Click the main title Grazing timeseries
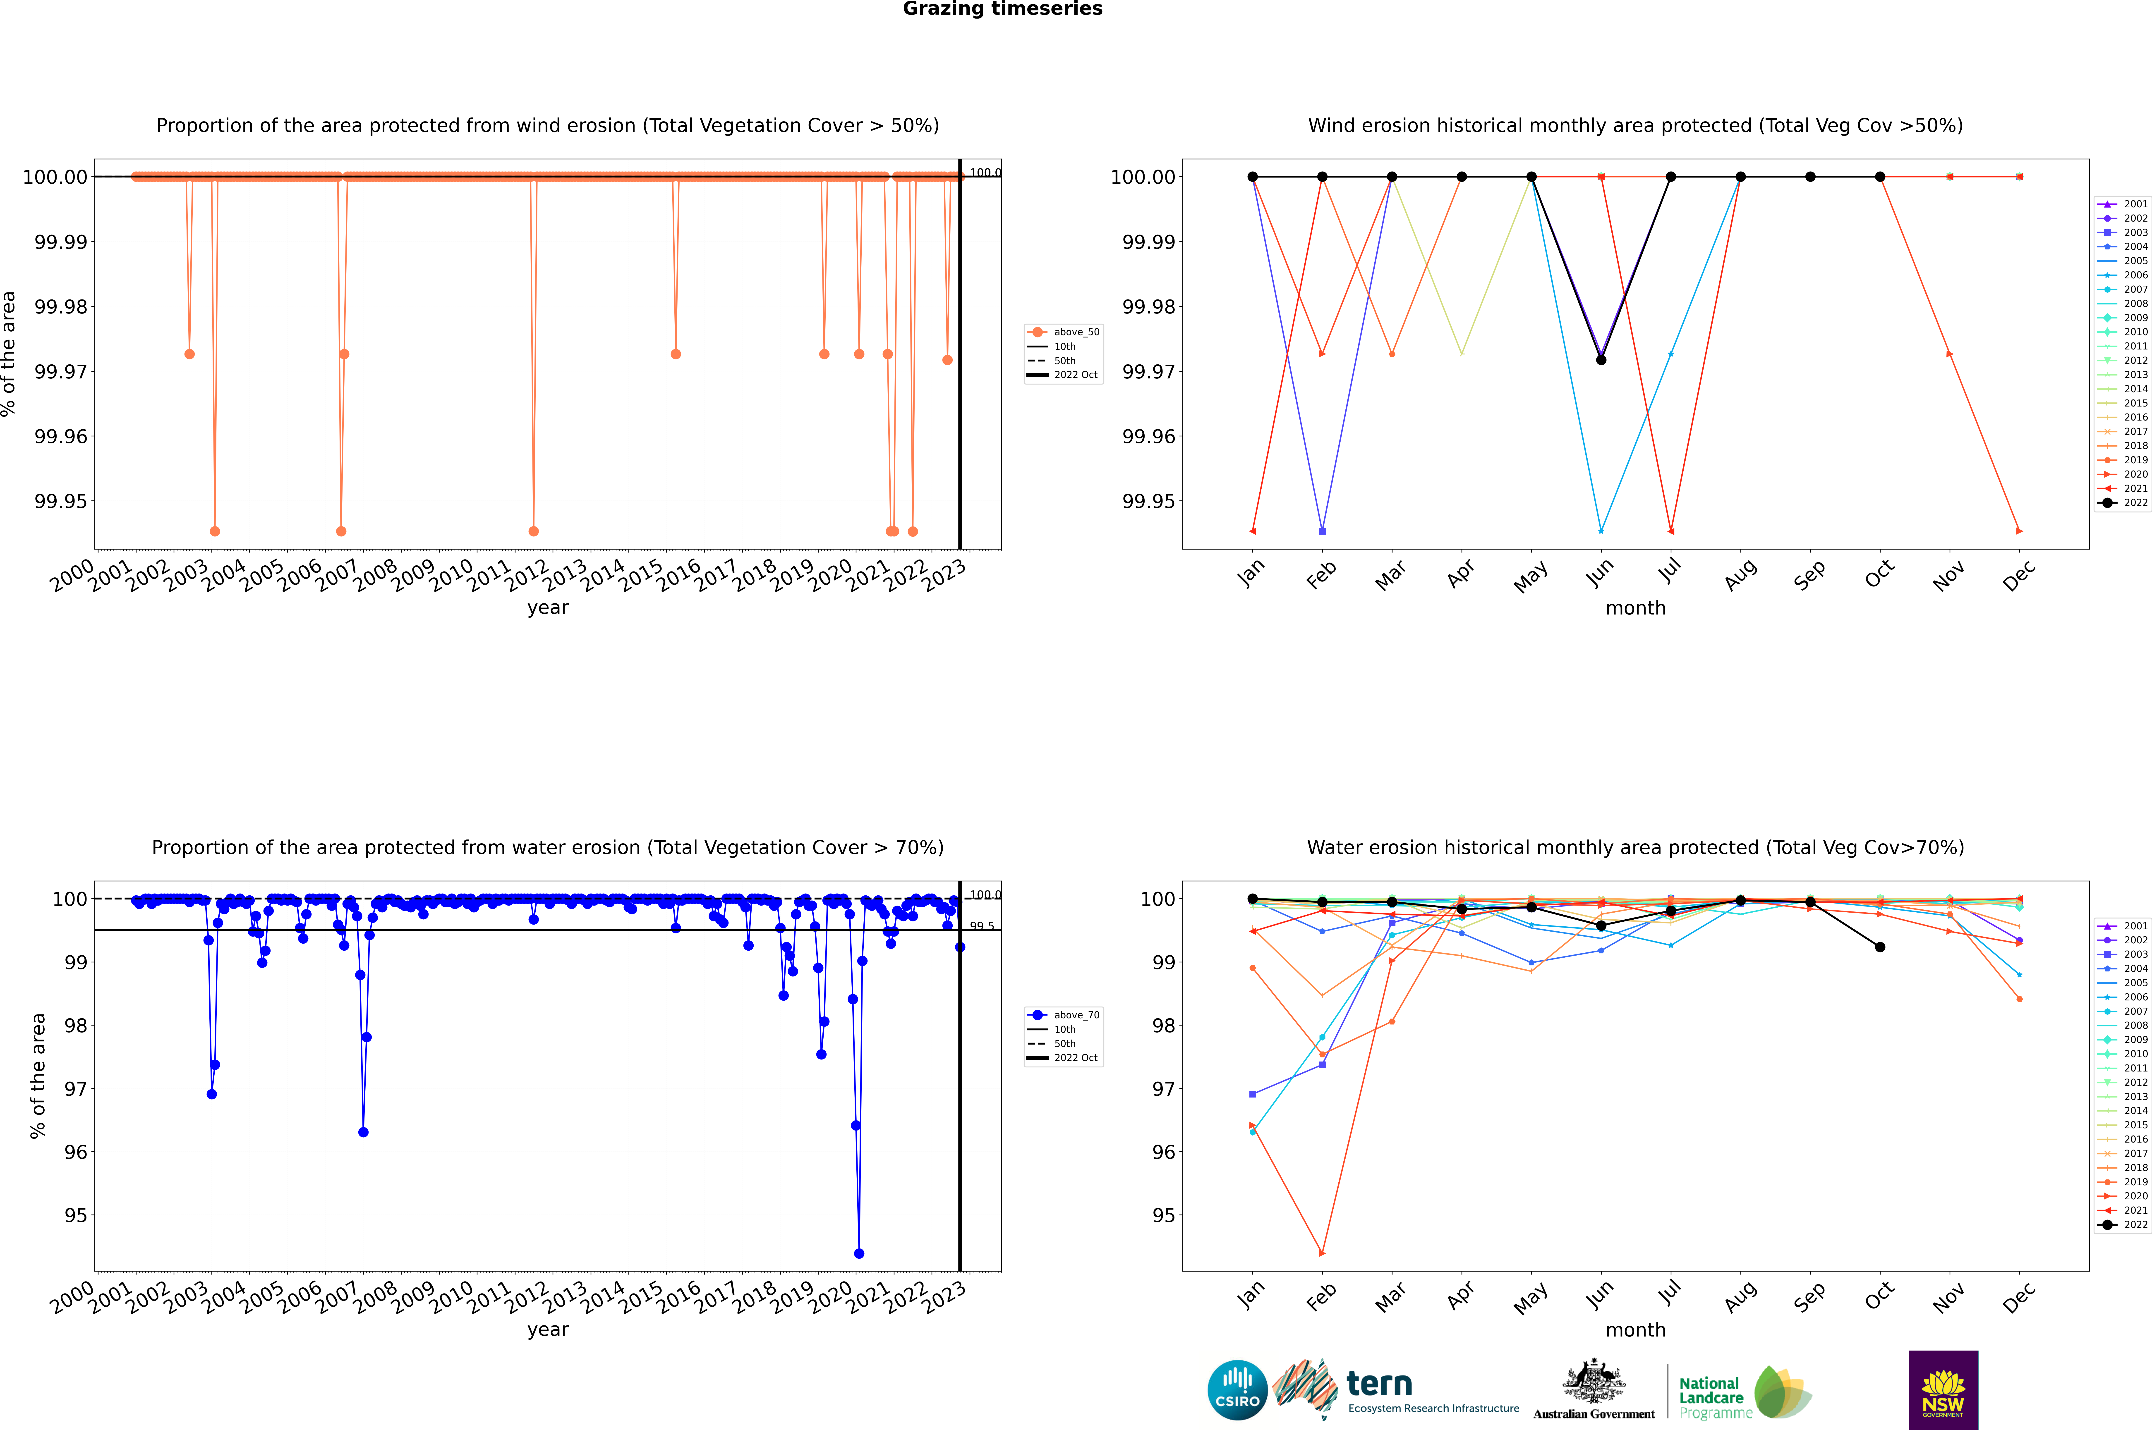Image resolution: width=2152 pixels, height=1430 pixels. coord(1003,9)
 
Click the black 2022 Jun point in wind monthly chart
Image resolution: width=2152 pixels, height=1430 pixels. coord(1601,360)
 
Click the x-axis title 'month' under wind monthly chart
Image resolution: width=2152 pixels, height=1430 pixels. coord(1635,608)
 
